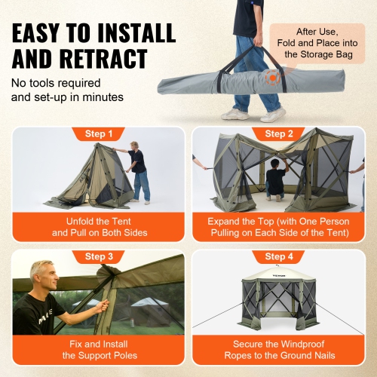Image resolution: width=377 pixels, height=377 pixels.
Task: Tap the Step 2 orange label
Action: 280,134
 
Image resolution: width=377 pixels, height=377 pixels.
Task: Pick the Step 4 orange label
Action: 280,257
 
